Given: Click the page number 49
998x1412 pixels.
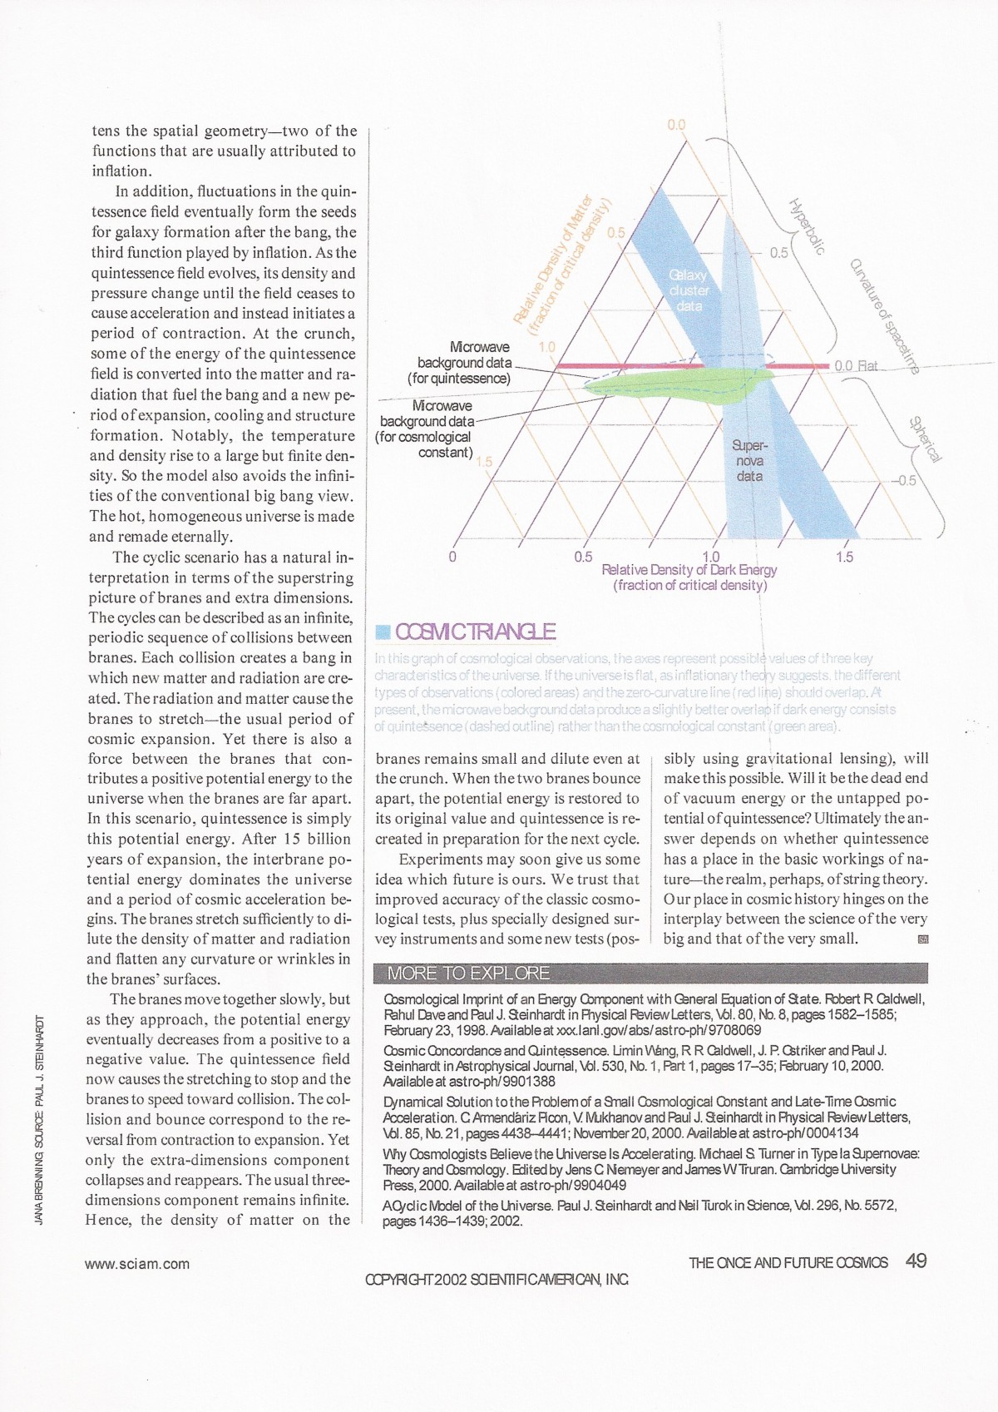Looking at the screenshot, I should (x=916, y=1261).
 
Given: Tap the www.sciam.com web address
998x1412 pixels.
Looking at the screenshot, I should (x=137, y=1264).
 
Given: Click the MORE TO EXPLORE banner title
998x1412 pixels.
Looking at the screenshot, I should (x=468, y=973).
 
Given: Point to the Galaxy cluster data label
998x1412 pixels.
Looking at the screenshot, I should (x=689, y=290).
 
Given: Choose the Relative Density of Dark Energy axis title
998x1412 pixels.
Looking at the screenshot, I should (x=689, y=577).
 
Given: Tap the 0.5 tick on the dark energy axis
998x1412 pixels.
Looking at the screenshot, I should (x=583, y=557).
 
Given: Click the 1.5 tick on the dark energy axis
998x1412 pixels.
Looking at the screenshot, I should (x=844, y=557).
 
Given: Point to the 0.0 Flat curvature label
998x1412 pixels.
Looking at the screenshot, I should (x=856, y=366).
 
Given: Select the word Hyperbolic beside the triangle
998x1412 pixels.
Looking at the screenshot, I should (x=806, y=226).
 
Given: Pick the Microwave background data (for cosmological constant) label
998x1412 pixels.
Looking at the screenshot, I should (x=425, y=429).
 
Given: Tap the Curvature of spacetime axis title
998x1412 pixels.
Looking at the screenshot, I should (x=884, y=316).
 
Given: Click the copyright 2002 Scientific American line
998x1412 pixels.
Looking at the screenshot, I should (x=497, y=1280).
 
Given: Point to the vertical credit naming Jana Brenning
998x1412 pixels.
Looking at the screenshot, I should (x=39, y=1121).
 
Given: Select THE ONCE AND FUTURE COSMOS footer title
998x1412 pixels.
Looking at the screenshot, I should (x=788, y=1263).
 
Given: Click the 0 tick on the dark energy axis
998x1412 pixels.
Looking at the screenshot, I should (x=452, y=557).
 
